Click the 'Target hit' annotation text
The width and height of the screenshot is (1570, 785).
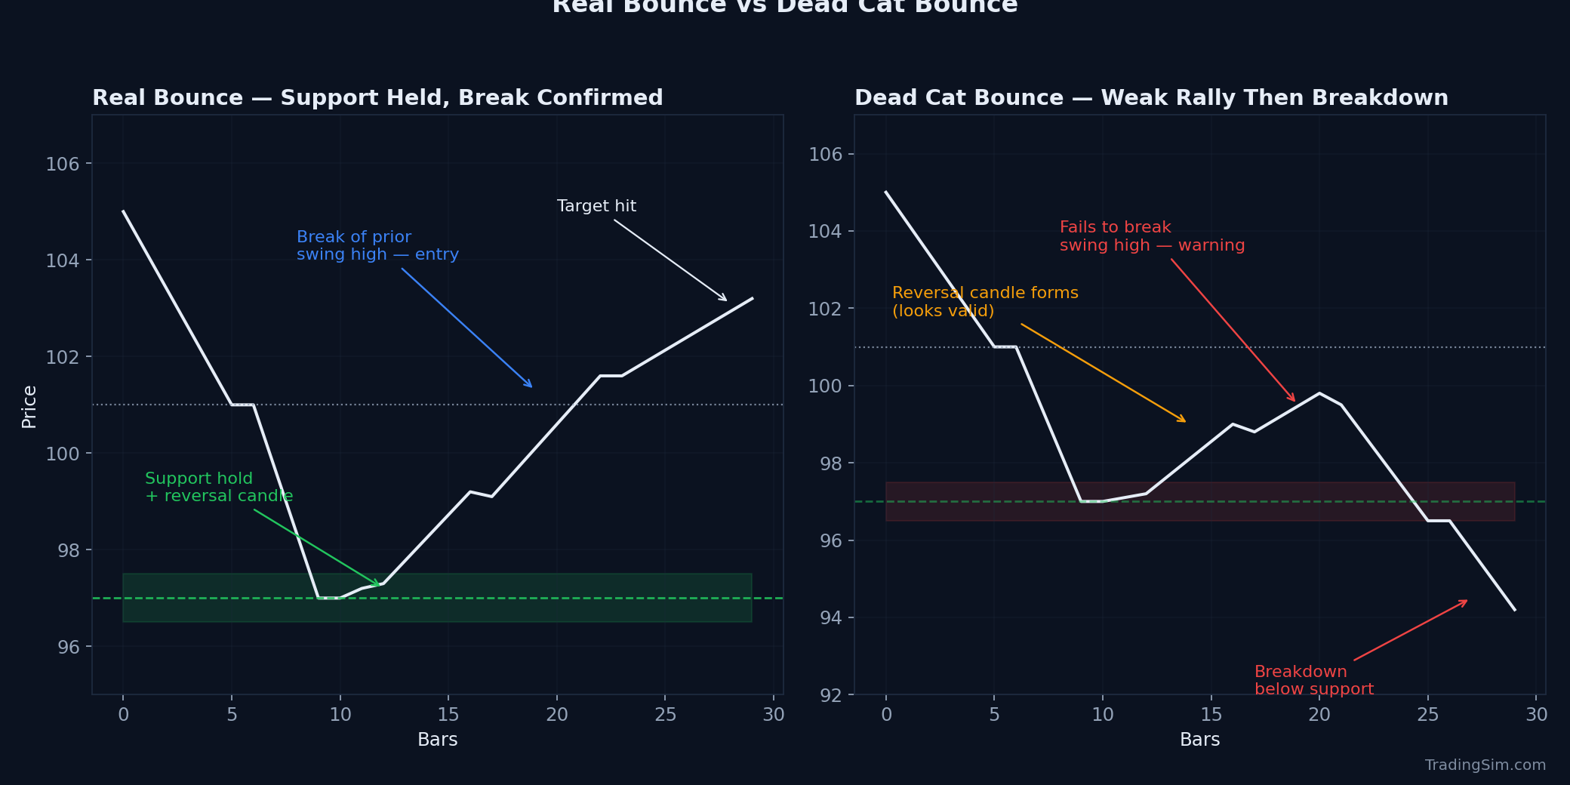click(x=596, y=206)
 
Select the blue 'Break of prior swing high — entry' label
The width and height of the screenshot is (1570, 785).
click(x=377, y=246)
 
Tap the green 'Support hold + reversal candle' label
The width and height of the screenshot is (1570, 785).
click(x=218, y=488)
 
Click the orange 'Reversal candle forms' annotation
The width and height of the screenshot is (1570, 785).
click(x=984, y=301)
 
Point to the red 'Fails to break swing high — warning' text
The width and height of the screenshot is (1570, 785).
click(x=1152, y=236)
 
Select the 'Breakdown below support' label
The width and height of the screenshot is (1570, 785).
click(x=1313, y=680)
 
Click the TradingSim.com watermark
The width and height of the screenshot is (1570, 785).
click(x=1485, y=765)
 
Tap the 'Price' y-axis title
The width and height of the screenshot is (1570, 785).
click(x=29, y=406)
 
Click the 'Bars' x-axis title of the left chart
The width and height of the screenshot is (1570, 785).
click(x=437, y=739)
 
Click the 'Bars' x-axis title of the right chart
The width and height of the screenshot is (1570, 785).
click(x=1199, y=739)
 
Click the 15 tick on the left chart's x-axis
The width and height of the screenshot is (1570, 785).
click(x=448, y=715)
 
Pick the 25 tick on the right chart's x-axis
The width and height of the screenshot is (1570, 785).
click(x=1427, y=715)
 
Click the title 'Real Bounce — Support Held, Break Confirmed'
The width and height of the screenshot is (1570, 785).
click(x=377, y=98)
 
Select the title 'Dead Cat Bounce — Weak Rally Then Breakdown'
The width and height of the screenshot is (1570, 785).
click(x=1151, y=98)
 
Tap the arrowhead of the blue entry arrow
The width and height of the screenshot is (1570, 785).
click(x=531, y=386)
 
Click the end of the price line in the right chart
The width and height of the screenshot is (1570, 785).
click(x=1514, y=609)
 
